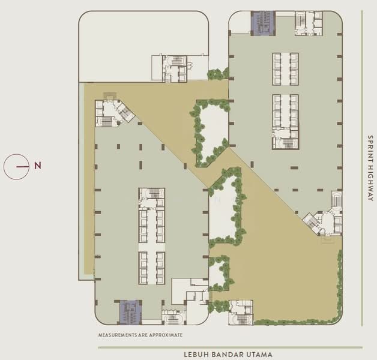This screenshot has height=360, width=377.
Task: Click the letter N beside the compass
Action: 37,166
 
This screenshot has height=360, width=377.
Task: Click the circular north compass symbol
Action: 16,166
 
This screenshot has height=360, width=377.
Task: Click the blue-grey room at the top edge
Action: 262,23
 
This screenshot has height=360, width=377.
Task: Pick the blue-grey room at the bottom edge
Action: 130,312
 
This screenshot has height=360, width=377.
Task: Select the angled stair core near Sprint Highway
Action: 323,220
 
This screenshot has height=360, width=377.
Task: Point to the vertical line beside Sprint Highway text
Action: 361,168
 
